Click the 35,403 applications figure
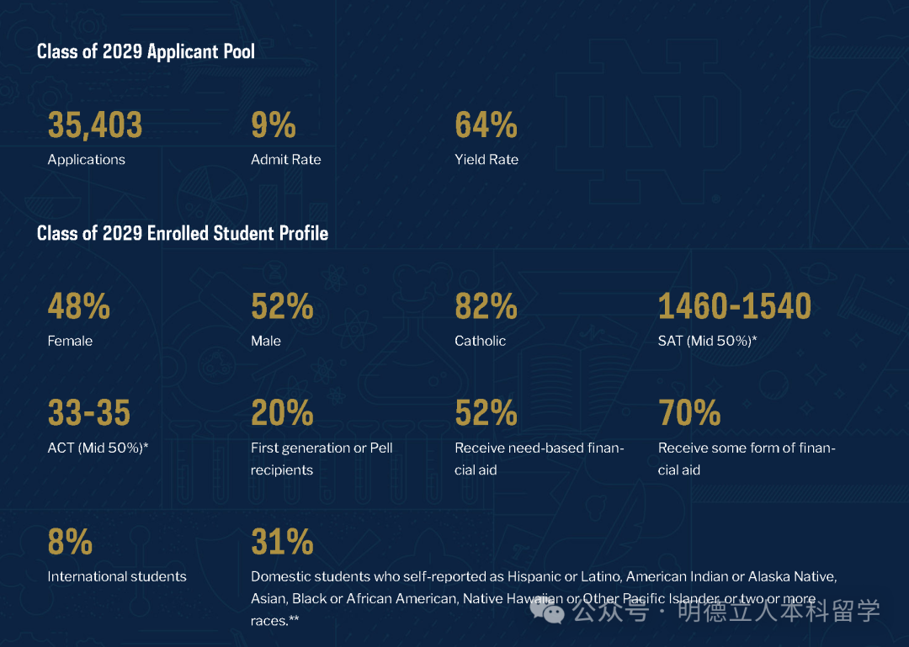click(x=95, y=125)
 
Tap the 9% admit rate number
click(x=274, y=125)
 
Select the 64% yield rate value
click(x=486, y=125)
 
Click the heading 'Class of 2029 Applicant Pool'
click(x=146, y=51)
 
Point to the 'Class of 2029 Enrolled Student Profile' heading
click(x=183, y=233)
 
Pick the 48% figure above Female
click(x=78, y=307)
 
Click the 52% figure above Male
click(x=282, y=307)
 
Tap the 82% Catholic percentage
click(x=486, y=307)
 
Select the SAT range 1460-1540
click(x=735, y=307)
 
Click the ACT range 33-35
click(x=89, y=413)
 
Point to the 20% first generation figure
click(x=282, y=413)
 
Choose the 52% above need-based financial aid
click(x=486, y=413)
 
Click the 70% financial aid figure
click(x=689, y=413)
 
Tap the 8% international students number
click(x=70, y=543)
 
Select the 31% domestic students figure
click(x=282, y=543)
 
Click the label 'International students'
click(x=117, y=576)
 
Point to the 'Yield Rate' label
click(x=486, y=159)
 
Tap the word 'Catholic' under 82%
click(x=481, y=341)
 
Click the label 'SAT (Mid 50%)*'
click(x=708, y=341)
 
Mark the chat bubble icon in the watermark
click(x=552, y=612)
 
